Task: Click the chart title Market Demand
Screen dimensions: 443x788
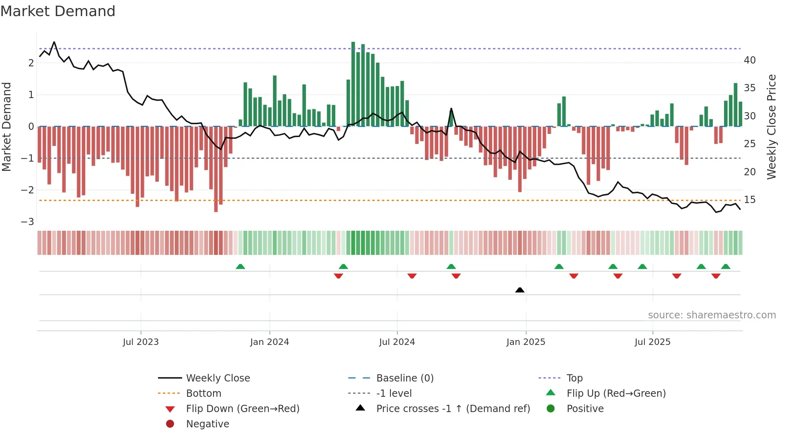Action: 58,11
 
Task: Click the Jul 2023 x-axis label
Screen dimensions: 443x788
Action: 141,342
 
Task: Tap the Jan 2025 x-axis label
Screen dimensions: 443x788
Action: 525,342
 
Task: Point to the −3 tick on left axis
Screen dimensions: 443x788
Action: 27,222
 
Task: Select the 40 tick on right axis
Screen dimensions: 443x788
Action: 749,60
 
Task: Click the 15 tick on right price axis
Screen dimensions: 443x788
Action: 749,200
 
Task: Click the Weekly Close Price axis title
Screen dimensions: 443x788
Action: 771,127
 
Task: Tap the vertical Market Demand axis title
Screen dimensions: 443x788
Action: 7,127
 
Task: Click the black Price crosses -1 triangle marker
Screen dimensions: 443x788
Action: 519,290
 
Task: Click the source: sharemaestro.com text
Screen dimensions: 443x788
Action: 712,315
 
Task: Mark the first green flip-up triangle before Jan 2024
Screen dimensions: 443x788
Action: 240,267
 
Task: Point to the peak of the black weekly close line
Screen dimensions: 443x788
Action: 54,42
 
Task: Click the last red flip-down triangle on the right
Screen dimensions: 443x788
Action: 716,276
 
